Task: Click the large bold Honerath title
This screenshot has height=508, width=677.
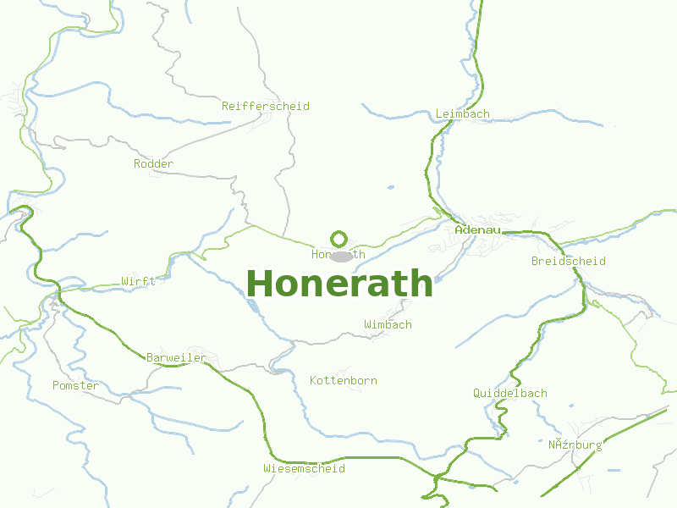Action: coord(339,283)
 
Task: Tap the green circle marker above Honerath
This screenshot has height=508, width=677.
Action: coord(339,239)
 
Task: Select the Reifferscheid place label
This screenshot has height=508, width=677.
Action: coord(266,106)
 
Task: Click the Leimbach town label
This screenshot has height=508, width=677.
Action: coord(462,113)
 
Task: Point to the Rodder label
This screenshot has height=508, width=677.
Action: coord(154,163)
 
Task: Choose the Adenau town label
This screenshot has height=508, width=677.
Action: coord(478,229)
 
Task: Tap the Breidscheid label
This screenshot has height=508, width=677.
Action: coord(568,261)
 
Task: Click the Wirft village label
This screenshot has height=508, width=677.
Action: coord(138,281)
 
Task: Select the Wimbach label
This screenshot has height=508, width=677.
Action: coord(388,324)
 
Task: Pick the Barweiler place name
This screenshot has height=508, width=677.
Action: coord(176,358)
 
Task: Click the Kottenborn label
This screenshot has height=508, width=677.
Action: coord(344,380)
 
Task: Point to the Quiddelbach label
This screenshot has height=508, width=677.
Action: coord(509,393)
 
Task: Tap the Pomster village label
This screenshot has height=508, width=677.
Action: coord(75,385)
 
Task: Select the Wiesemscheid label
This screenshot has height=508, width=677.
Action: coord(304,468)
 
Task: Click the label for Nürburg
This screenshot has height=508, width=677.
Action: coord(575,444)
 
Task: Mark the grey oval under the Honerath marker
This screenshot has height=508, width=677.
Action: coord(341,256)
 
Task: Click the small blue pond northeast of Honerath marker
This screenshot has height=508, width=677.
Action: coord(390,187)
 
